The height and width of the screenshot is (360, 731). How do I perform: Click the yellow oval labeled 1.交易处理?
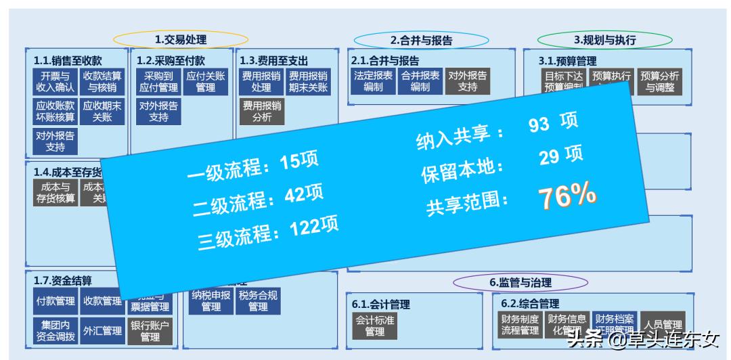point(181,40)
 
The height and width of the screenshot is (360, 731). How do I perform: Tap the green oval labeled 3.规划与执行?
point(604,40)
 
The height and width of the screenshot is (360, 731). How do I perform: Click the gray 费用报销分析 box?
point(262,112)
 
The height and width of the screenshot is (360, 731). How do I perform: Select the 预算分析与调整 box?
point(660,81)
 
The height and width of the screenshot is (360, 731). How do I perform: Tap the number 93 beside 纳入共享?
point(539,125)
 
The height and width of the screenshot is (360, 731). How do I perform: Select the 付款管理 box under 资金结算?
point(55,300)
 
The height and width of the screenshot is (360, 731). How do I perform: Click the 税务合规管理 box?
point(258,300)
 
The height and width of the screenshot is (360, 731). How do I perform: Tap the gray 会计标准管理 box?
point(374,325)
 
